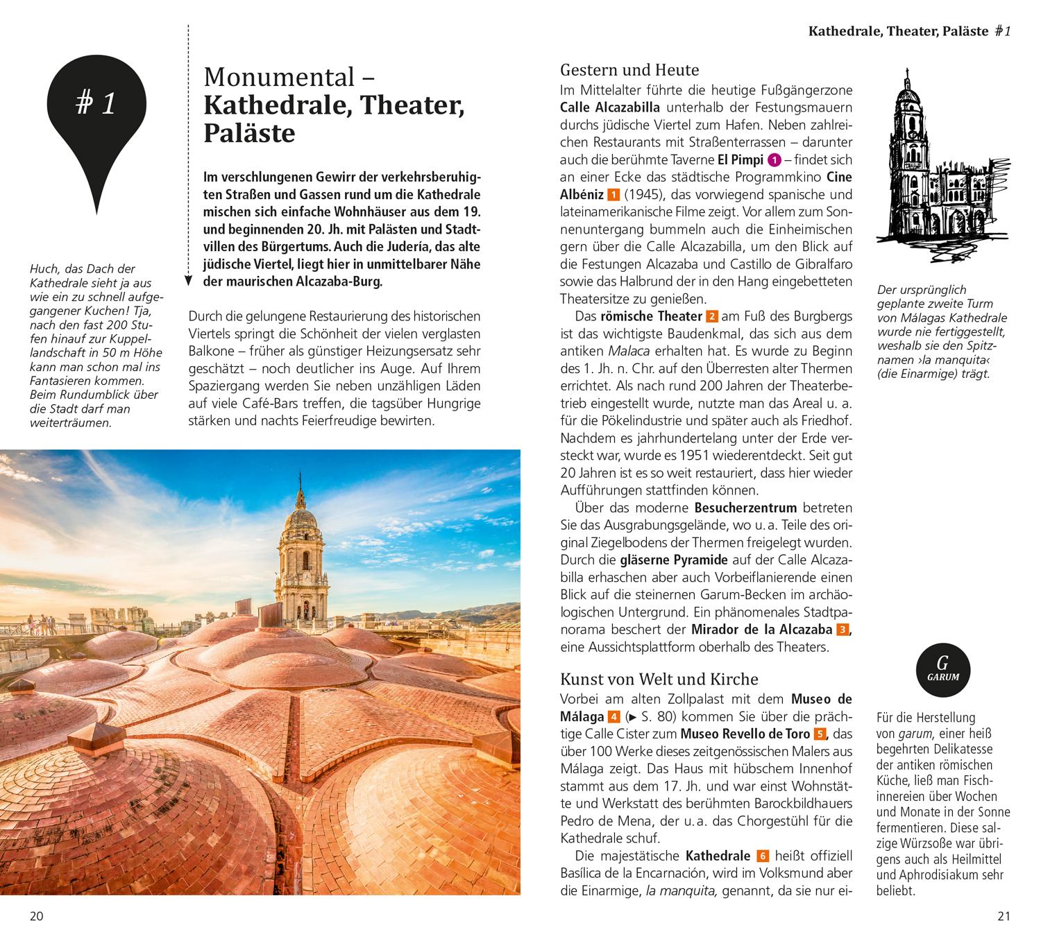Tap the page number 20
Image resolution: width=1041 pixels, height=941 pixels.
tap(36, 916)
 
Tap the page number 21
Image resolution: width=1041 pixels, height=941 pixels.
tap(1004, 916)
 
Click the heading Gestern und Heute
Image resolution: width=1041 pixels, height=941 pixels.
tap(629, 70)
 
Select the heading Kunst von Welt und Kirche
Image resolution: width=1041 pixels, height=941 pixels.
tap(659, 679)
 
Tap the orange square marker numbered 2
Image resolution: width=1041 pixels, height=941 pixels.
tap(711, 317)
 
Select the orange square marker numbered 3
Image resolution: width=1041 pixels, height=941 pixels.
tap(843, 630)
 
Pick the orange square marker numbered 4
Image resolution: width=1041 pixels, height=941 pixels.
tap(613, 717)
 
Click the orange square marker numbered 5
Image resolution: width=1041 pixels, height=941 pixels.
tap(820, 734)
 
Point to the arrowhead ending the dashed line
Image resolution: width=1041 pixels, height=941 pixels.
tap(188, 281)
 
